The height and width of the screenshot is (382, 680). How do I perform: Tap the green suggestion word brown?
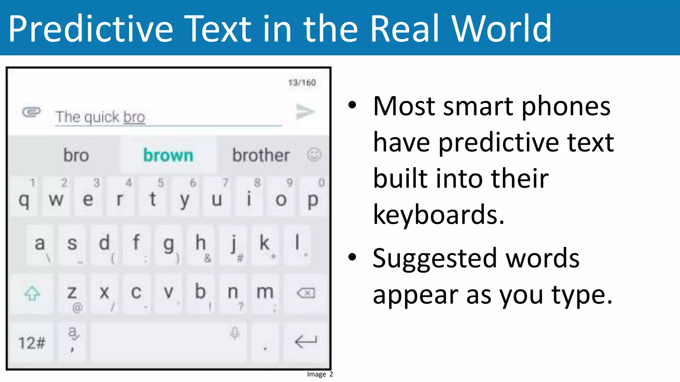[168, 155]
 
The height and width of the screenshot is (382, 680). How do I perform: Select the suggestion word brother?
[261, 155]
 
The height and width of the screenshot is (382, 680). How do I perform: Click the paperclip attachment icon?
[32, 112]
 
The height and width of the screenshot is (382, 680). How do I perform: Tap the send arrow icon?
[305, 112]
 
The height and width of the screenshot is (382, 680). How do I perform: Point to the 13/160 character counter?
[302, 83]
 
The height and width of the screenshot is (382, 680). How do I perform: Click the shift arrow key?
[32, 293]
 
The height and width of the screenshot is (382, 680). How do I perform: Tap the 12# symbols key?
[32, 343]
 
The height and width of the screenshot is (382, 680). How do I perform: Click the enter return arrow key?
[306, 342]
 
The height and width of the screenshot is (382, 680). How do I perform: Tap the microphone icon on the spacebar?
[235, 333]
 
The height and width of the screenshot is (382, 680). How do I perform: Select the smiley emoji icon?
[314, 155]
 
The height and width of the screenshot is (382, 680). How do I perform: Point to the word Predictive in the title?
[91, 29]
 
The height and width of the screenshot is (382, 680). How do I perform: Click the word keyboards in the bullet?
[438, 215]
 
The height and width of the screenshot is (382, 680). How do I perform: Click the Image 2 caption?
[320, 374]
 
